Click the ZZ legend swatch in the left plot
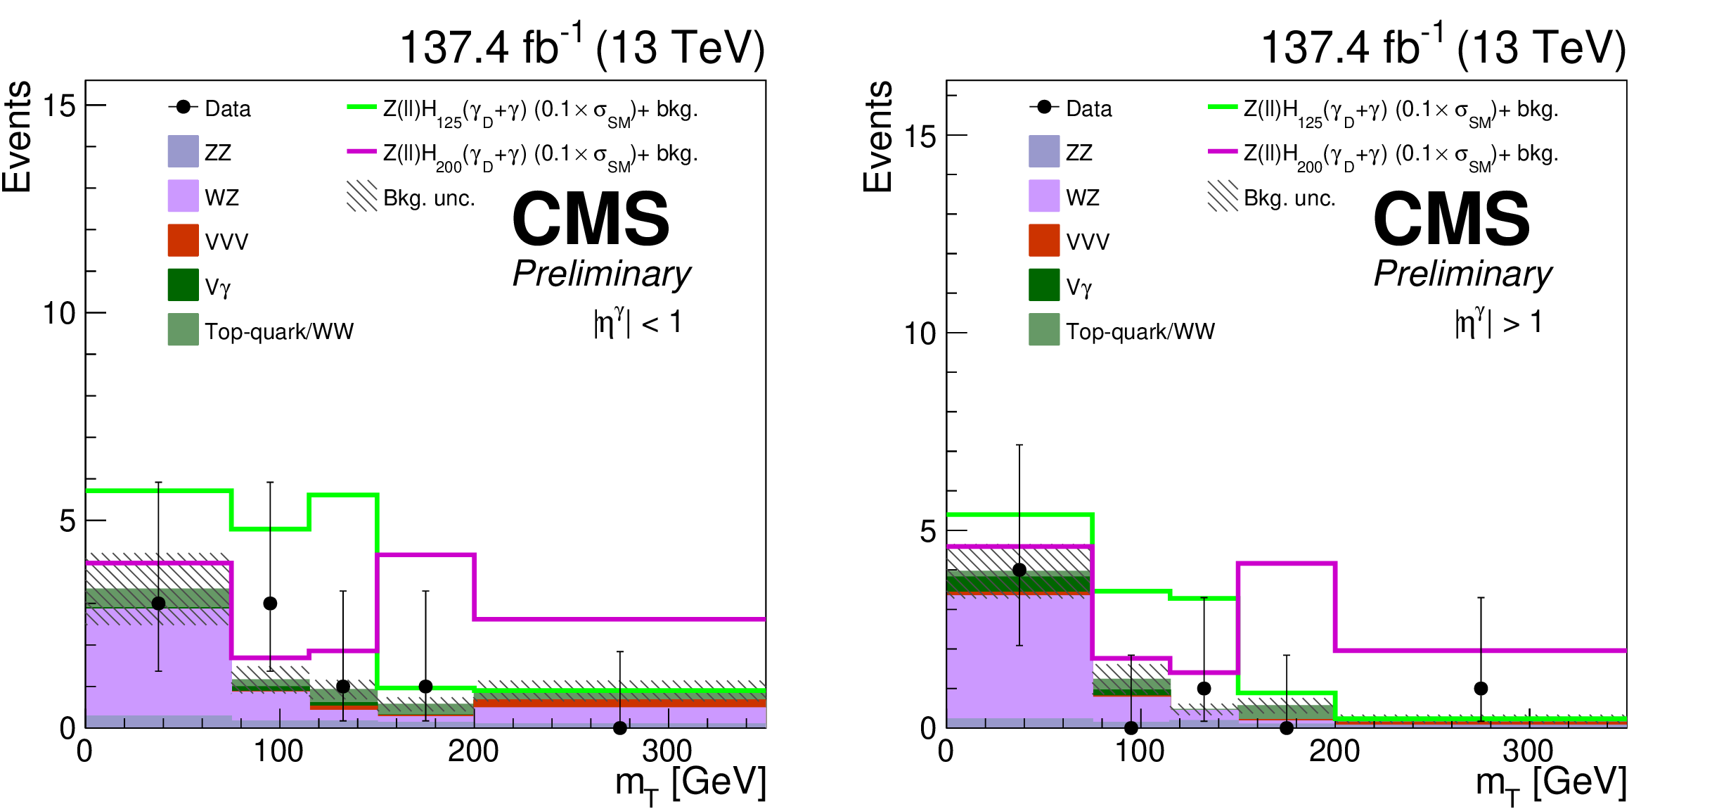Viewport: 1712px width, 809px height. click(183, 152)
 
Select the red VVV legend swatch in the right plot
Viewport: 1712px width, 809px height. click(1044, 241)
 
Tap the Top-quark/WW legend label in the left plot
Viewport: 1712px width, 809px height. click(279, 331)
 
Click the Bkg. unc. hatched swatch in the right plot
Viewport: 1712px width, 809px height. click(1223, 196)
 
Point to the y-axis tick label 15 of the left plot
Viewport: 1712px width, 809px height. click(59, 106)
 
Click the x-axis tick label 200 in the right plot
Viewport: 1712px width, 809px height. click(1334, 751)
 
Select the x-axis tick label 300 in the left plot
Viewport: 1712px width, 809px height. click(667, 751)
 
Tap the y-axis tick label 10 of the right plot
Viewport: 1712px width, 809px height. click(920, 333)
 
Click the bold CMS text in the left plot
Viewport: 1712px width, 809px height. click(591, 219)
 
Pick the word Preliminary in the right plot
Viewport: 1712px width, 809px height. click(1462, 274)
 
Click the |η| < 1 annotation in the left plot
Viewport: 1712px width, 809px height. click(637, 322)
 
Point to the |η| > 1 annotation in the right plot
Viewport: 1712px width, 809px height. click(1498, 322)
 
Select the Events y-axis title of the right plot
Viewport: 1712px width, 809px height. click(878, 136)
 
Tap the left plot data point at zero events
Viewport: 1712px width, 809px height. click(619, 728)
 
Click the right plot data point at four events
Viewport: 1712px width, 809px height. click(1019, 570)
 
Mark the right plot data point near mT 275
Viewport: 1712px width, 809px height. click(1481, 688)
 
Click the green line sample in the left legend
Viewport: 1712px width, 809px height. click(361, 108)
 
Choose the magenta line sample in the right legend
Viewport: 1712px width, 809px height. click(1223, 151)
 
